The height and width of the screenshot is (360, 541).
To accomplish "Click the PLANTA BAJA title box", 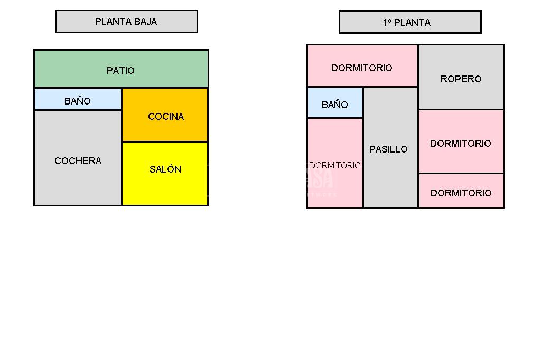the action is tap(126, 22).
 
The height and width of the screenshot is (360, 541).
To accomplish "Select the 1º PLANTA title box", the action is tap(410, 22).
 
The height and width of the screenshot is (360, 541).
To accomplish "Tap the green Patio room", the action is tap(121, 69).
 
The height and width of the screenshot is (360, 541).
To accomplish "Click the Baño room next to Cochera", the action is tap(78, 99).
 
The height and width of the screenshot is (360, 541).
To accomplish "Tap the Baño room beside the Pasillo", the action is tap(335, 103).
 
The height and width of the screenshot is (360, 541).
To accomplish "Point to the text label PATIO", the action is tap(120, 70).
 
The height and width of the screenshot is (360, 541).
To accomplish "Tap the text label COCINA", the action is tap(166, 117).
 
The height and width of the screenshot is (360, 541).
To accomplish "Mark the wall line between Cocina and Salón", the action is tap(165, 141).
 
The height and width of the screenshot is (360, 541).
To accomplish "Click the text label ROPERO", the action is tap(461, 79).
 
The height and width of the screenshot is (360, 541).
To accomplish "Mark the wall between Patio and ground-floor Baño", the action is tap(78, 88).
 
